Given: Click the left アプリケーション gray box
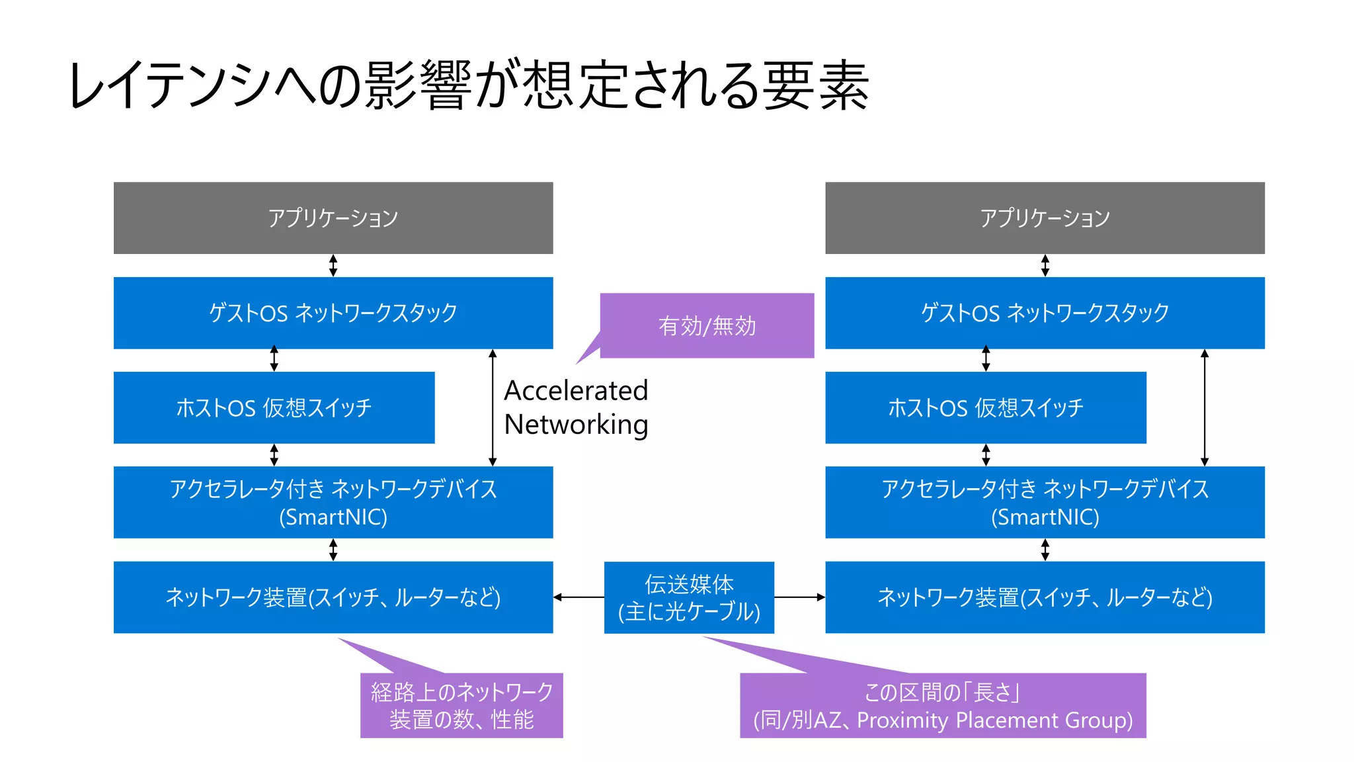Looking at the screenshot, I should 333,218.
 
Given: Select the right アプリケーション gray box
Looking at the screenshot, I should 1045,218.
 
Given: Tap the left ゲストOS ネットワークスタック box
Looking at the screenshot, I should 333,312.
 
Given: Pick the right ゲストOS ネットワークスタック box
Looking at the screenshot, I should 1045,312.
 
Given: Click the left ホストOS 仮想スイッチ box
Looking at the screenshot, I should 274,407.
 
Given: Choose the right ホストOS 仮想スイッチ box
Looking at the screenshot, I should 985,407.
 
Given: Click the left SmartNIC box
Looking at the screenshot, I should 333,502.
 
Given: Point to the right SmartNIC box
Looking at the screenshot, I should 1045,502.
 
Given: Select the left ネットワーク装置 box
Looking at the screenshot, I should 333,597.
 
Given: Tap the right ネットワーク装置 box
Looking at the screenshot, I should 1045,597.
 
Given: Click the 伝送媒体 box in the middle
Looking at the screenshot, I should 689,597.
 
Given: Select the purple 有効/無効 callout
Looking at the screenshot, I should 707,325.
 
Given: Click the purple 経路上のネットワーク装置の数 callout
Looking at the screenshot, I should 461,705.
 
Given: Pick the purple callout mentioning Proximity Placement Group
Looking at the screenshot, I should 943,705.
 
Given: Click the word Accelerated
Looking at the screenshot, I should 576,391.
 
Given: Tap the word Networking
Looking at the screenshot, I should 576,425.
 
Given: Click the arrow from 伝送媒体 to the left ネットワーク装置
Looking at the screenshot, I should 578,597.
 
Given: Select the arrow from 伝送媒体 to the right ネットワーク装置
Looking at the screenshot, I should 799,597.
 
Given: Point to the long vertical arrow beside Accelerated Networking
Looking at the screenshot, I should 493,407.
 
